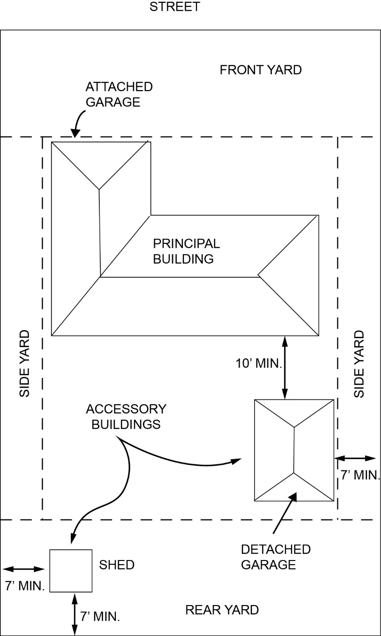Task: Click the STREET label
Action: tap(174, 7)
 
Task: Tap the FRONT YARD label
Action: tap(261, 70)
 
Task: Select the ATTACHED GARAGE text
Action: tap(119, 94)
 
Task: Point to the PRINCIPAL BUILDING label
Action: tap(186, 251)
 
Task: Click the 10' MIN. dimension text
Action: tap(259, 363)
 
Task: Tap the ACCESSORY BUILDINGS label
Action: tap(126, 416)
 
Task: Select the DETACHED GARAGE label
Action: tap(276, 557)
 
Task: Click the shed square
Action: tap(71, 570)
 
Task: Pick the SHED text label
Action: tap(117, 565)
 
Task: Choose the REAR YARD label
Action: tap(222, 610)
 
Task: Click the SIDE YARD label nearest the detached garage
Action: tap(359, 364)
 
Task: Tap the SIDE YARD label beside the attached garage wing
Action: tap(24, 364)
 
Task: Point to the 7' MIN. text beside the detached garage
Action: tap(360, 475)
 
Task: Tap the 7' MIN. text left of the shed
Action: tap(24, 585)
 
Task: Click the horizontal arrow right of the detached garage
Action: tap(355, 458)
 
